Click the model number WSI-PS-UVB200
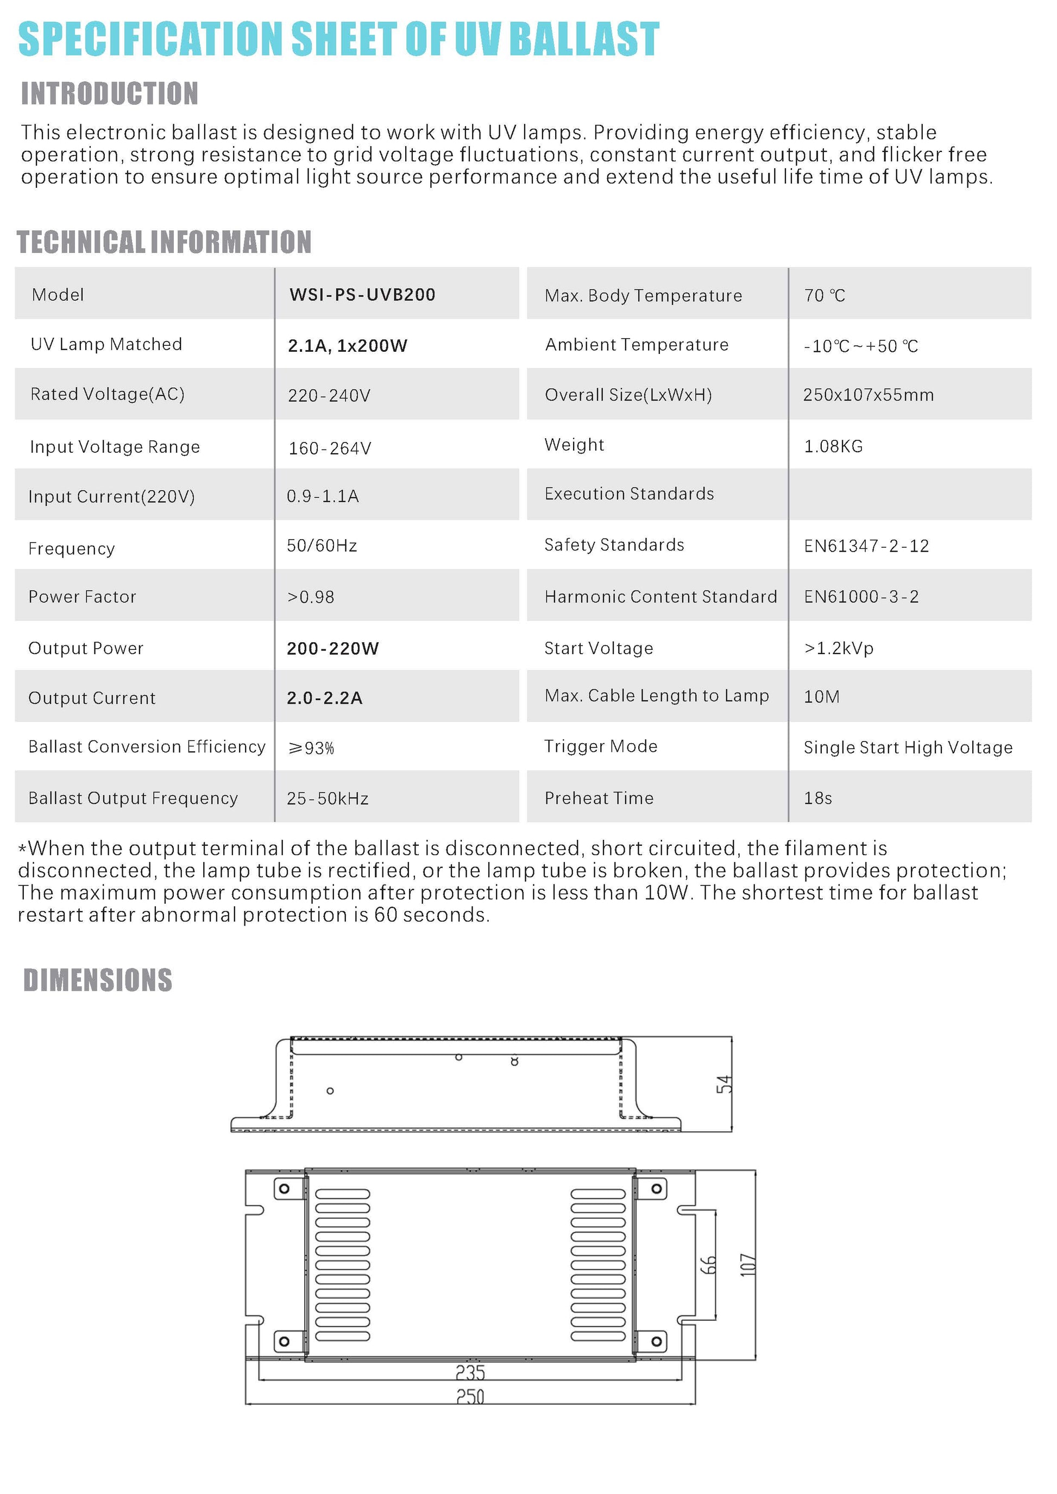(362, 295)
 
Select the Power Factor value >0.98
(311, 597)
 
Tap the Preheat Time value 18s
(817, 797)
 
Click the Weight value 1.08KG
(833, 446)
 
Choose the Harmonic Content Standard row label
(660, 597)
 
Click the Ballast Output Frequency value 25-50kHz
(328, 799)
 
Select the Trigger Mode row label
(600, 746)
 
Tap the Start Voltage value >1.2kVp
(838, 648)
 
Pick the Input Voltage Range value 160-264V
(329, 448)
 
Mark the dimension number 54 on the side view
(723, 1084)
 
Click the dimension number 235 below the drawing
(470, 1372)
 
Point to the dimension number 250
(470, 1397)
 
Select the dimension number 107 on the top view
(748, 1264)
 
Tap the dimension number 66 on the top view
(708, 1264)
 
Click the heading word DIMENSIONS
(98, 980)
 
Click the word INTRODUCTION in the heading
(109, 94)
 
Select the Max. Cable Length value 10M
(821, 697)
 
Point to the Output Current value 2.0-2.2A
(324, 698)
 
